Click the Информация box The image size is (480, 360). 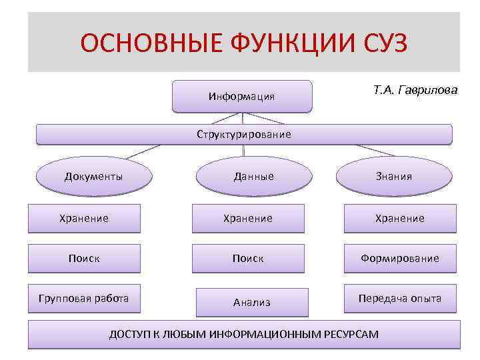click(x=242, y=96)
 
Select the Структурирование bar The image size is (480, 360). click(x=244, y=134)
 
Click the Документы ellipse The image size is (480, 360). click(x=93, y=176)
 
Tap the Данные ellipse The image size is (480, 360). click(x=253, y=177)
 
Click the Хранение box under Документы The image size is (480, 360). click(x=84, y=218)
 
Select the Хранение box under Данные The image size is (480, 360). click(x=248, y=218)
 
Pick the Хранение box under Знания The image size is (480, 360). click(x=400, y=218)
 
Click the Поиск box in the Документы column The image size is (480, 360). click(x=84, y=258)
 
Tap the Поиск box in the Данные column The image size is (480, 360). click(x=248, y=258)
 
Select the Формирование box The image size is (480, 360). click(x=400, y=258)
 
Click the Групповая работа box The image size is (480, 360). click(x=84, y=298)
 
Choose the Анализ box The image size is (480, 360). click(x=252, y=302)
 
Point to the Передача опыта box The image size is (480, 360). click(x=400, y=298)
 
